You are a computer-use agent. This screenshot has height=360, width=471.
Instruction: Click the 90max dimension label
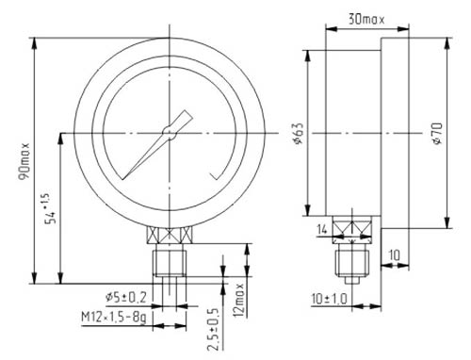point(24,161)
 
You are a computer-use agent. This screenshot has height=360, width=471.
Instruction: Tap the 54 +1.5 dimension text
point(50,208)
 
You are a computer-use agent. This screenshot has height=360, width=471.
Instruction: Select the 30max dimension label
point(366,20)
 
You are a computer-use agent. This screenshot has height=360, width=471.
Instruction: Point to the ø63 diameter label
point(299,133)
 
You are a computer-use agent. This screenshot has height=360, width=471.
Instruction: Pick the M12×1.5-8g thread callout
point(114,318)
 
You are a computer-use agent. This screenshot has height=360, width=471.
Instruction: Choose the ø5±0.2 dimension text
point(126,298)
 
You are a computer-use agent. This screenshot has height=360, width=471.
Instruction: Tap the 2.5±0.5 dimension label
point(213,330)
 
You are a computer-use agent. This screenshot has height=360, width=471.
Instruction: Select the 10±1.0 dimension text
point(330,299)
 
